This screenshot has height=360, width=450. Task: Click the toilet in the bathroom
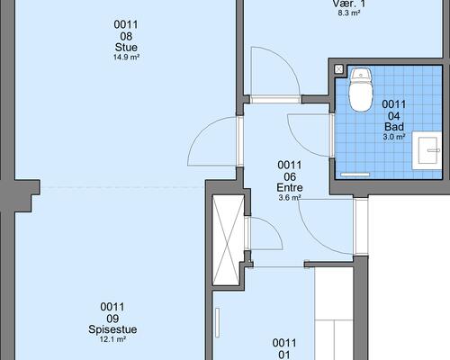click(x=361, y=90)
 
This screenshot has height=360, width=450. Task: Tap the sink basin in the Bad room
click(x=427, y=150)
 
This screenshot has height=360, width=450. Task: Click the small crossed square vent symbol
click(x=339, y=69)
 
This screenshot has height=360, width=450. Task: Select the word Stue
click(x=126, y=47)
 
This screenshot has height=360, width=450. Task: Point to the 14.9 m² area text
click(x=126, y=57)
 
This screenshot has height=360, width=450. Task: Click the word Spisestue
click(x=112, y=329)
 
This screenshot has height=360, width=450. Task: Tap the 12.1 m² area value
click(x=112, y=339)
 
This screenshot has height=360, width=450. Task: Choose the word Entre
click(x=290, y=188)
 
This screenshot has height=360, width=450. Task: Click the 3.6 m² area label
click(x=290, y=198)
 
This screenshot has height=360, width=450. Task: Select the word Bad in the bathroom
click(x=394, y=127)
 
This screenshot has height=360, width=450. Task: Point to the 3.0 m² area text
click(x=394, y=137)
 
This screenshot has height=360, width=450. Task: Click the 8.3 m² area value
click(x=349, y=13)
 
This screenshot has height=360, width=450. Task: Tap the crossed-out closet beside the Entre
click(x=228, y=240)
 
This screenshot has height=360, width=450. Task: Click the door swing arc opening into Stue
click(x=202, y=130)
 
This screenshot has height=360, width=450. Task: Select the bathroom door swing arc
click(x=297, y=142)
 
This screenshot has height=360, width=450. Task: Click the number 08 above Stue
click(x=126, y=36)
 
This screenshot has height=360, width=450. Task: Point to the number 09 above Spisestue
click(x=112, y=319)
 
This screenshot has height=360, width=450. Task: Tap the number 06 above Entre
click(x=290, y=176)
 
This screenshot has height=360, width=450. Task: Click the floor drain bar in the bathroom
click(x=355, y=175)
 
